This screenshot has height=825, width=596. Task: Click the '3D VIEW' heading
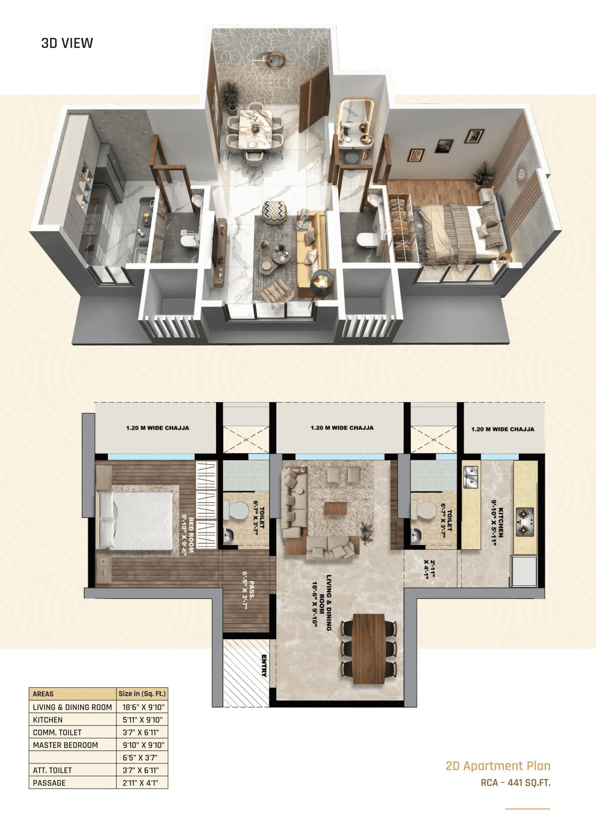pos(67,43)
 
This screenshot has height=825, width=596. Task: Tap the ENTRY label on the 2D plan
pos(264,665)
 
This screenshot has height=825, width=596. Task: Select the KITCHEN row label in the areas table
pos(47,720)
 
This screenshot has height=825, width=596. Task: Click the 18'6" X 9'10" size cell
pos(143,707)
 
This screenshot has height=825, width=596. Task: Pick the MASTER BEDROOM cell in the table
pos(65,745)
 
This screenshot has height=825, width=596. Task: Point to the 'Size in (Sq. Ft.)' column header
pos(142,694)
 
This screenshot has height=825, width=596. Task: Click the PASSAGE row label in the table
pos(49,783)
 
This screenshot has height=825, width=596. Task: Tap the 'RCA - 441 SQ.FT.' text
pos(515,783)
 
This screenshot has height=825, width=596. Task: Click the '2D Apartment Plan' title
pos(498,766)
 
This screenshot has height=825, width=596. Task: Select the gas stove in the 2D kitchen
pos(525,523)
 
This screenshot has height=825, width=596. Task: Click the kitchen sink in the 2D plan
pos(471,477)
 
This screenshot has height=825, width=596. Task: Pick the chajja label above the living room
pos(342,428)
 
